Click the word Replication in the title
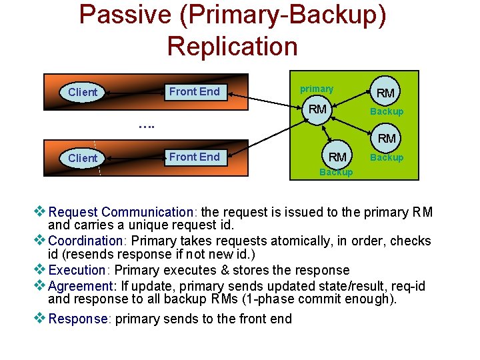232,46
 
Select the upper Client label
83,92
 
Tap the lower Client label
83,158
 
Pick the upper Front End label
194,91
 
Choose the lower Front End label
194,157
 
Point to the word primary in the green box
317,89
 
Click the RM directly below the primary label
317,109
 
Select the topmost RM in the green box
385,93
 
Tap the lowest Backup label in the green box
336,172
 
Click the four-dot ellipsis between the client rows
146,124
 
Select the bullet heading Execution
77,270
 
